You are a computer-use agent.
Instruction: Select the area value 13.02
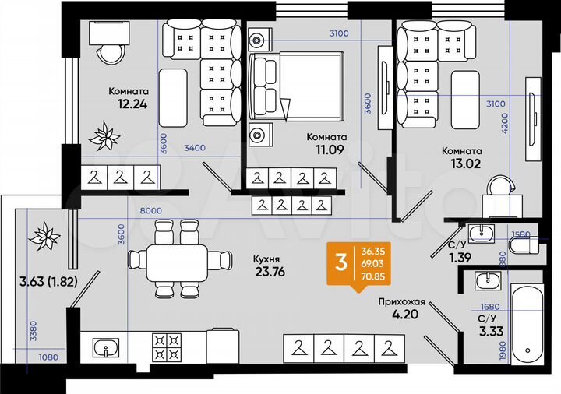tap(461, 164)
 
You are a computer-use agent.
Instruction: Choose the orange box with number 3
tap(340, 263)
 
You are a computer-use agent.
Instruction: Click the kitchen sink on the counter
tap(106, 347)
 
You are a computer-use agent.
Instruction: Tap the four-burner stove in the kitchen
tap(166, 347)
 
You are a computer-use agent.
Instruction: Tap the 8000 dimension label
tap(151, 210)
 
